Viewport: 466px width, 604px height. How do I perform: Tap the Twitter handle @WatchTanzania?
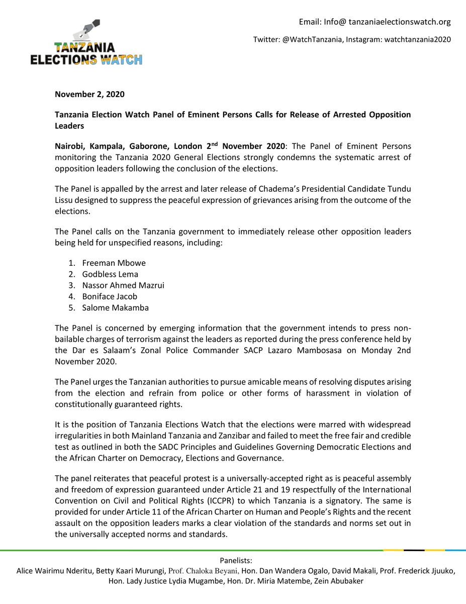coord(311,39)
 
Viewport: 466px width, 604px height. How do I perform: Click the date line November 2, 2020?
coord(89,94)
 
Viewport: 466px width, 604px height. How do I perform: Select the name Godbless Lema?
coord(110,274)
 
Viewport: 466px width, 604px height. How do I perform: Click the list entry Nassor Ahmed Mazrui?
coord(123,285)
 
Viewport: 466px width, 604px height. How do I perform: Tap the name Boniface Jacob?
coord(110,296)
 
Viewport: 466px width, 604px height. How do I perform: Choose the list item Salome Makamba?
coord(115,308)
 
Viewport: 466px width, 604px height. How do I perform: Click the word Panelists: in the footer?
coord(236,561)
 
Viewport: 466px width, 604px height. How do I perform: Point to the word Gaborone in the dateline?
coord(146,146)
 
